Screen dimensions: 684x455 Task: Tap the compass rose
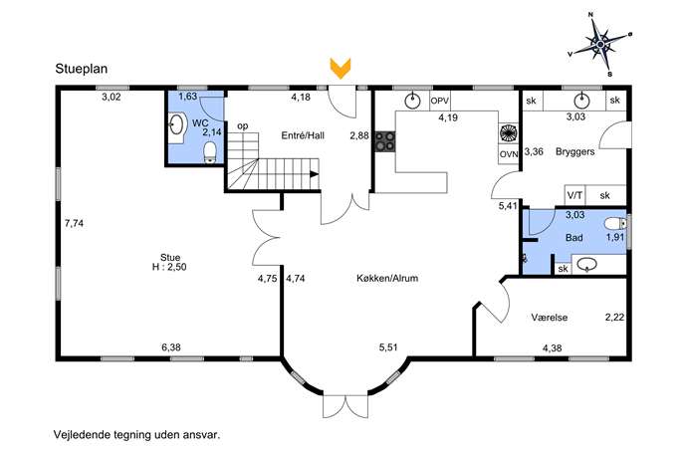point(600,44)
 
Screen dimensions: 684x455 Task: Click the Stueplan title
point(81,69)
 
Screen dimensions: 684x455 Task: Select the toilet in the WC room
point(210,151)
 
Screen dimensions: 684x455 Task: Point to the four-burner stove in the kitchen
point(385,141)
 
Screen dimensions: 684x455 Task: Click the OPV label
point(440,101)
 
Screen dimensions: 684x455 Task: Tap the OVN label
point(509,154)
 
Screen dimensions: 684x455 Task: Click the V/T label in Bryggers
point(574,195)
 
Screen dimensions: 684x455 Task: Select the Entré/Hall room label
point(303,135)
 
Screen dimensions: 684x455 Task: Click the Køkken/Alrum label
point(387,278)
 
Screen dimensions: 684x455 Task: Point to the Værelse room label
point(550,318)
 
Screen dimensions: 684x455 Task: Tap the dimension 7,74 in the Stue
point(74,223)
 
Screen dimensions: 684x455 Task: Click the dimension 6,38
point(171,347)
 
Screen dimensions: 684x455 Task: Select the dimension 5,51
point(388,347)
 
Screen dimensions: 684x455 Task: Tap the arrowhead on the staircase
point(314,174)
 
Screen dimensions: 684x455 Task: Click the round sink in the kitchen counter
point(412,101)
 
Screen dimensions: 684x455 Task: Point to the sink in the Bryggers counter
point(581,101)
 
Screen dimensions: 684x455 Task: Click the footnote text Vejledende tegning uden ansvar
point(137,434)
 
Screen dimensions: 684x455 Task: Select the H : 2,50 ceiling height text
point(169,267)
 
